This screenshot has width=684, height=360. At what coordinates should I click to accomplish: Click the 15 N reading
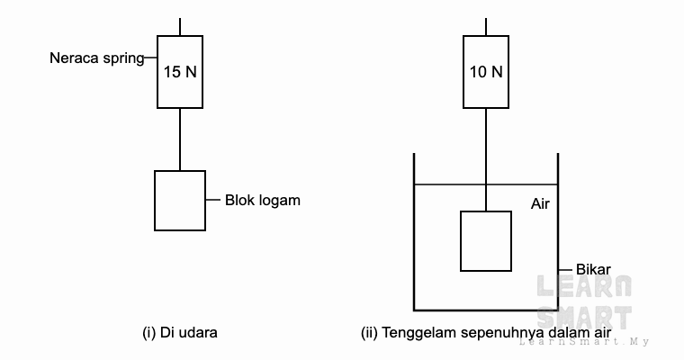180,72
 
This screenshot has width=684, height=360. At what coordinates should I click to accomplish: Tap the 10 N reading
486,72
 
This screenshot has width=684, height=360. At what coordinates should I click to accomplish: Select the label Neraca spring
97,58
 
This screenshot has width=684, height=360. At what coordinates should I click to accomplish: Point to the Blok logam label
263,201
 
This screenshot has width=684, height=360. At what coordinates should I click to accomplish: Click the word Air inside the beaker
540,203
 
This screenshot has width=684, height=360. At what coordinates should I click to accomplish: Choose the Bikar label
593,269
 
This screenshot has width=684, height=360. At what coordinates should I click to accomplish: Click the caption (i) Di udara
180,332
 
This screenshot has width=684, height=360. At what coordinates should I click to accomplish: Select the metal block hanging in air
180,201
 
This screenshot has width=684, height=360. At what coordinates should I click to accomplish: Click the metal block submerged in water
486,241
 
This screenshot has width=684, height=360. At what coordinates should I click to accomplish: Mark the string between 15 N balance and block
180,139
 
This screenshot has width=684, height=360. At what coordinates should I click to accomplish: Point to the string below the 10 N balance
486,159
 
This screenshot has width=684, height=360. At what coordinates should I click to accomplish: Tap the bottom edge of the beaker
486,310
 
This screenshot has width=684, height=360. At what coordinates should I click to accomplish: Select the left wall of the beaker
414,231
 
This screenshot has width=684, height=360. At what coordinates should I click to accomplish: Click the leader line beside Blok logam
213,200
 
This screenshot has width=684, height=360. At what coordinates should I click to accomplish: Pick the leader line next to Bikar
565,270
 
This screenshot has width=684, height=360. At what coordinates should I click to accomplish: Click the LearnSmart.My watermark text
584,342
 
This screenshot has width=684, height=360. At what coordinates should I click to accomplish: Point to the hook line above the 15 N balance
180,27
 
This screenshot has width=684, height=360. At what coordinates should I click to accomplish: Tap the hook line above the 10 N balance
486,27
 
